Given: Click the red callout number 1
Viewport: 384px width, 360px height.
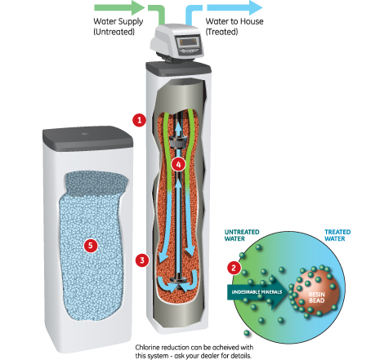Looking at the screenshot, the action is pos(139,120).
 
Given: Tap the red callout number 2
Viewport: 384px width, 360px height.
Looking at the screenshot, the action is pos(234,268).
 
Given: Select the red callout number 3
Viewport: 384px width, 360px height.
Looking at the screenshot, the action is pos(142,260).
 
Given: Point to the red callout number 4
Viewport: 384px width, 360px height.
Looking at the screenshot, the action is pos(178,164).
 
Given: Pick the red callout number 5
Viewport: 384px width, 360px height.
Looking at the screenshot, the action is pos(91,246).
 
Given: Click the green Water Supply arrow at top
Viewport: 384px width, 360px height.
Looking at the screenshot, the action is pos(119,7).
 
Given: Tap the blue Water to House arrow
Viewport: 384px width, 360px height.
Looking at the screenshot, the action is pos(234,7).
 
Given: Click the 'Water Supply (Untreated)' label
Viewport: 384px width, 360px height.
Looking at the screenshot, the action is pos(118,26).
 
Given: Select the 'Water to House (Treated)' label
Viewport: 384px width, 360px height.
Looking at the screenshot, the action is pos(234,26).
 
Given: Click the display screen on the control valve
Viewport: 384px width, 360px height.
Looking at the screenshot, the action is pos(187,42).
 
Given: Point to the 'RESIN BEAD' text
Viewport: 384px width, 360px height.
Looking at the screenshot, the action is pos(316,297).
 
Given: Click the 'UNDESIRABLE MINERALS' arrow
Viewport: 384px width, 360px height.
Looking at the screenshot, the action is pos(257,292).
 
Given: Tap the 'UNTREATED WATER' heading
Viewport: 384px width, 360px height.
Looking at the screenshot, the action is pos(242,235).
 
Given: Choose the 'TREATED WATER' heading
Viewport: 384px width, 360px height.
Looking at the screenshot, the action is pos(337,235).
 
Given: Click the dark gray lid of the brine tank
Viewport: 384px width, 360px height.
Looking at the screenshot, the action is pos(87,138).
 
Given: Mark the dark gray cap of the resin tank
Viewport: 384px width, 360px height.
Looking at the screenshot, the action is pos(178,69).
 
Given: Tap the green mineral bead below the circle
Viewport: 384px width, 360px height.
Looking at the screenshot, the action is pos(247,332).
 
